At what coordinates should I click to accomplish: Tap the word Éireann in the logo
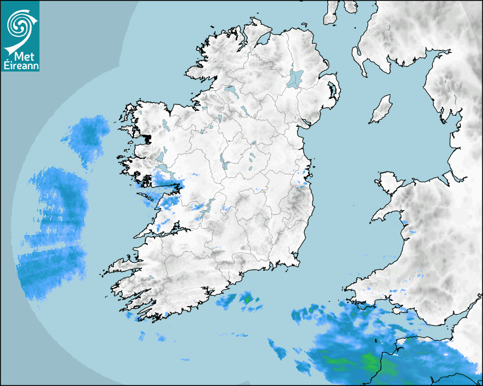point(20,66)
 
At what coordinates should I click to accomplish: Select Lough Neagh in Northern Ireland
point(295,78)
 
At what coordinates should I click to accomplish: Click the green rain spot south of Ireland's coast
point(248,297)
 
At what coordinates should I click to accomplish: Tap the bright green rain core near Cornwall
point(369,360)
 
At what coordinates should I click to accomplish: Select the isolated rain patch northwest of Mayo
point(87,135)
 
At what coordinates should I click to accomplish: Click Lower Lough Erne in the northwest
point(230,90)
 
